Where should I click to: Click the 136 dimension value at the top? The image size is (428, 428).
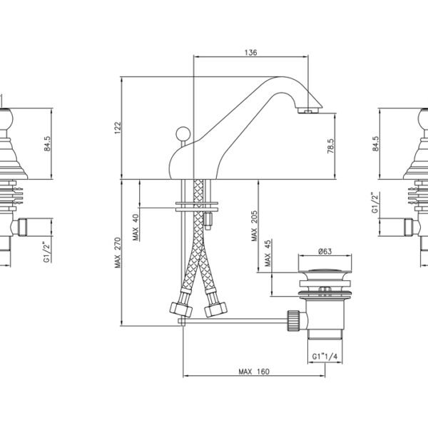tap(250, 52)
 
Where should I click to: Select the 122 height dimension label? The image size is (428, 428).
tap(118, 128)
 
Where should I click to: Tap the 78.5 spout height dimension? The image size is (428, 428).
tap(330, 146)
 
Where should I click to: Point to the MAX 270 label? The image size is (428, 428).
tap(118, 253)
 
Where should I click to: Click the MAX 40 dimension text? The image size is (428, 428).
tap(136, 228)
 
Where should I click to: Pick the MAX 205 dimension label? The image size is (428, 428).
tap(254, 225)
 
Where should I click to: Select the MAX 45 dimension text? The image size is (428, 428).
tap(267, 253)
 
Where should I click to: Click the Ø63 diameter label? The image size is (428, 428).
tap(325, 251)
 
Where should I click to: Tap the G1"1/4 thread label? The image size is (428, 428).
tap(325, 357)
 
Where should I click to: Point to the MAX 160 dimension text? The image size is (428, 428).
tap(254, 372)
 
